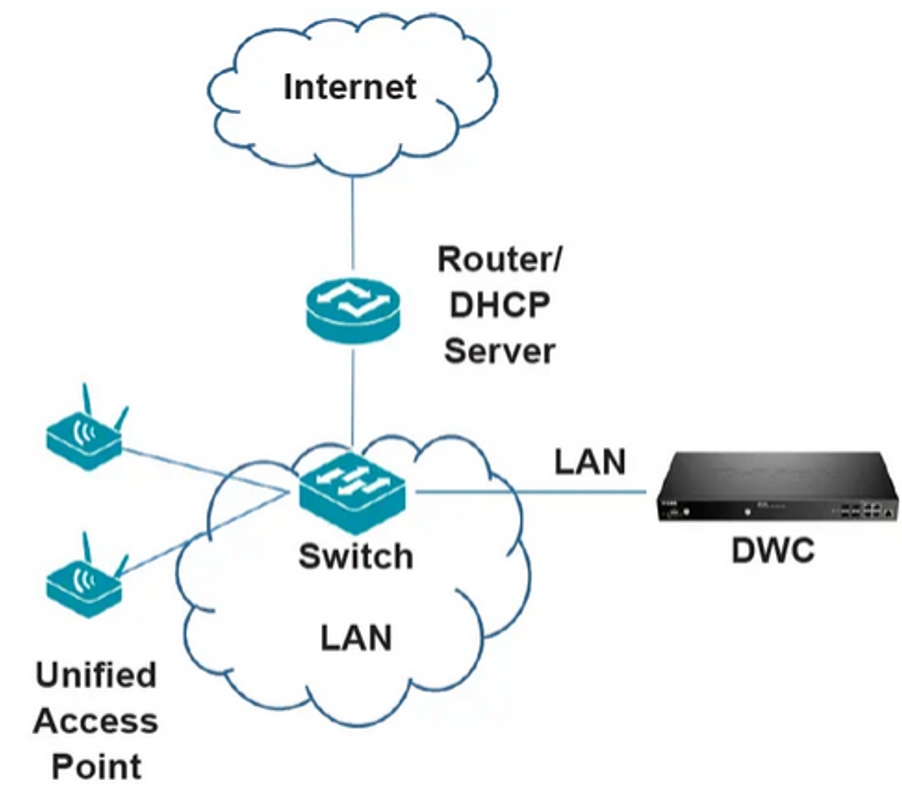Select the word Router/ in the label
(x=500, y=259)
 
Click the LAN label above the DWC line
(x=590, y=461)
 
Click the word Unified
(x=96, y=675)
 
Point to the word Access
(x=96, y=721)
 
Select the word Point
(x=96, y=767)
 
